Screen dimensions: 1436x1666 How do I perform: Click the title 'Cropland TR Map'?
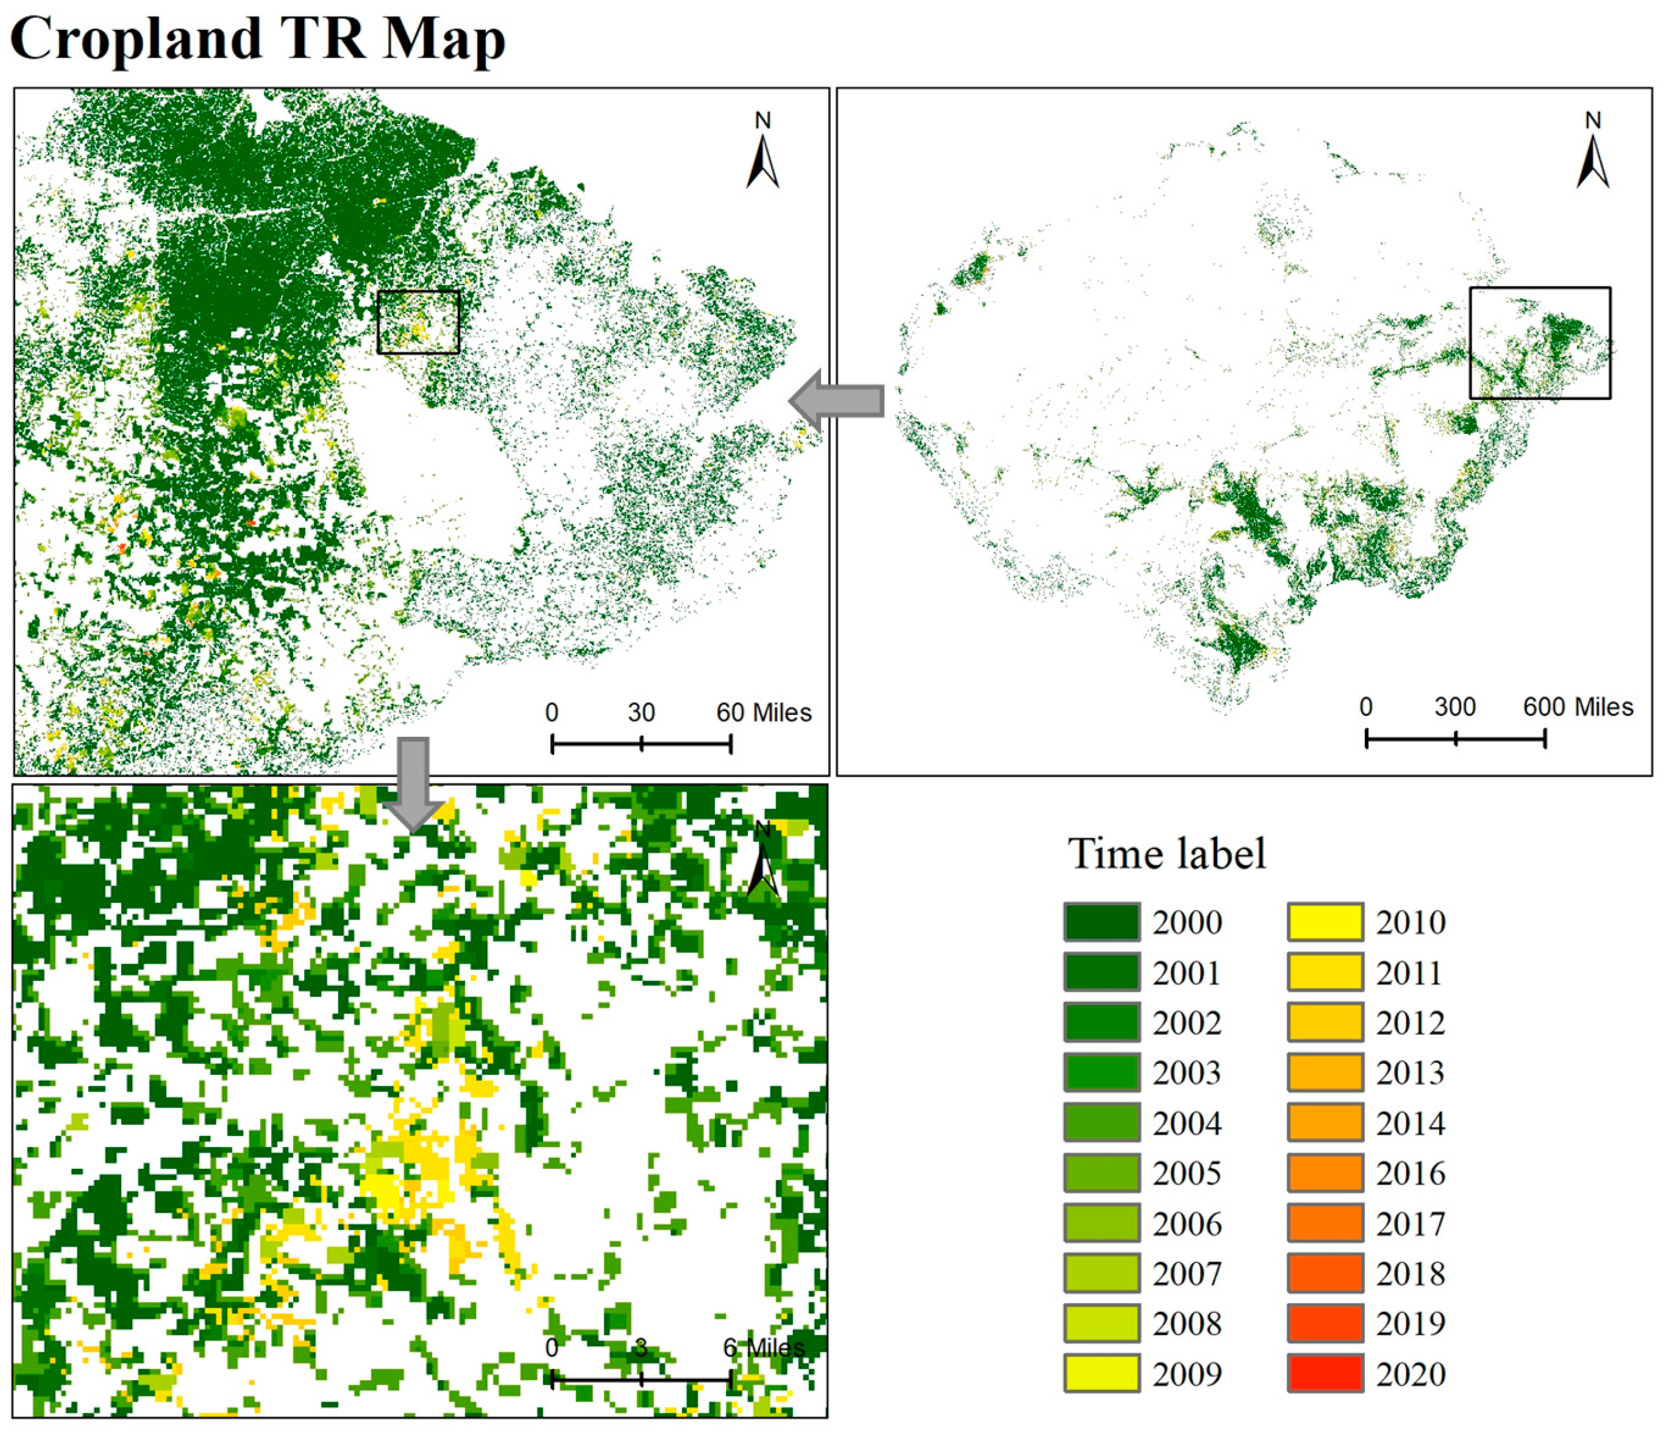[x=257, y=38]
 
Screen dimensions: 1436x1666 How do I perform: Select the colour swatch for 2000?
[x=1102, y=921]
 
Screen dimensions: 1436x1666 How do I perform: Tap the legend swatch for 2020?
[x=1325, y=1373]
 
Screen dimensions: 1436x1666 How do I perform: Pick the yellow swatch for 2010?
[x=1325, y=921]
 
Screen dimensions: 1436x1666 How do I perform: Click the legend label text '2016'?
[x=1410, y=1173]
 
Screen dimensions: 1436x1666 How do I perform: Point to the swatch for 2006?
[x=1102, y=1223]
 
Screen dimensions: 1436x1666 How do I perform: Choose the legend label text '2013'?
[x=1410, y=1073]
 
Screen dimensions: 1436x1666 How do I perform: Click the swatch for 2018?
[x=1325, y=1273]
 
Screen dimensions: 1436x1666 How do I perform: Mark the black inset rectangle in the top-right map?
[x=1540, y=343]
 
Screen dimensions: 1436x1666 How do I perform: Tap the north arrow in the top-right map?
[x=1592, y=153]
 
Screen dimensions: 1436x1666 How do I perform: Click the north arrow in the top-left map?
[x=762, y=153]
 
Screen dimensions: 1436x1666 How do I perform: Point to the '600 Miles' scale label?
[x=1578, y=707]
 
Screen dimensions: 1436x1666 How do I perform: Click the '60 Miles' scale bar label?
[x=763, y=713]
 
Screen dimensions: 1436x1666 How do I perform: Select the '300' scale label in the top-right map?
[x=1455, y=707]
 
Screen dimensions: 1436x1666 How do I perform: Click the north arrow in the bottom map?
[x=762, y=860]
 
